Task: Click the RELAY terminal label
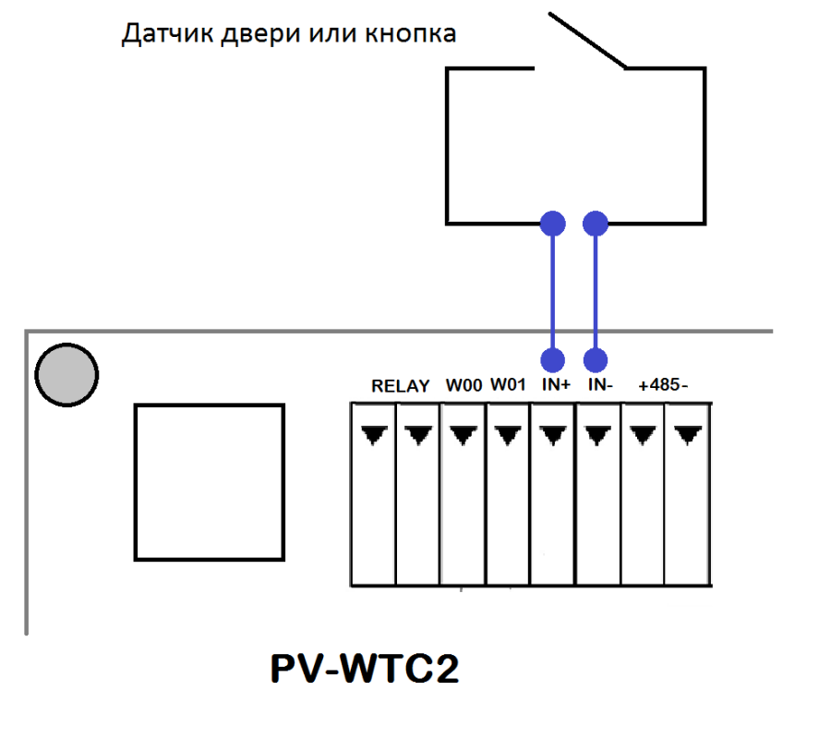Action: coord(400,386)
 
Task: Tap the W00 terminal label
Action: coord(464,385)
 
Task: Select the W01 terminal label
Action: coord(508,384)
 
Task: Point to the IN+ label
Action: coord(556,384)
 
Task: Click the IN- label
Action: coord(600,384)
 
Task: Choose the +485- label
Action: coord(663,384)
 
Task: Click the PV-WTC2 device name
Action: coord(365,668)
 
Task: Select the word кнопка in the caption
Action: coord(410,34)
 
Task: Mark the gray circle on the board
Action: coord(66,375)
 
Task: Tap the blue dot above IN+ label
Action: coord(553,360)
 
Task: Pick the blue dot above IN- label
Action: coord(596,360)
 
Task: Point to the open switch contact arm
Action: coord(588,41)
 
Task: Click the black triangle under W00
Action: coord(464,435)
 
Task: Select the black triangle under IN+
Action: coord(553,435)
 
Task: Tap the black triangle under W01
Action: coord(508,435)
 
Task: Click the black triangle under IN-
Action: coord(598,435)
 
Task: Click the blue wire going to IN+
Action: coord(553,292)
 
